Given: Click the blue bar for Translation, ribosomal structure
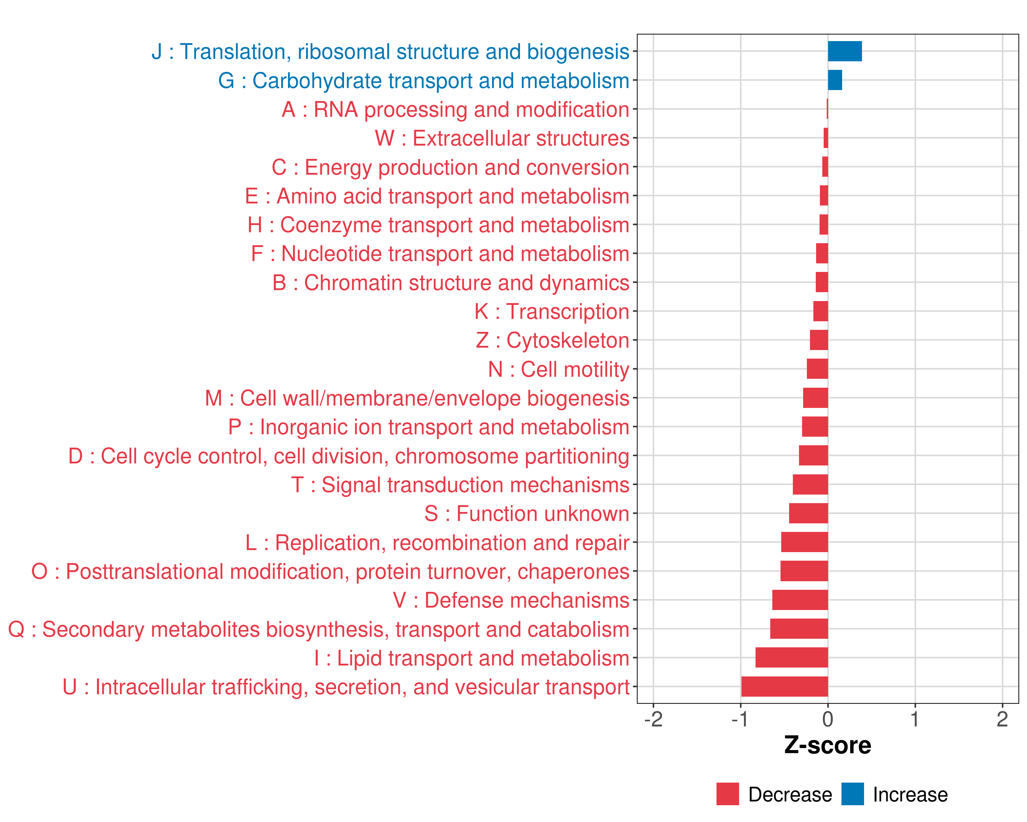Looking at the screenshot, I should [x=845, y=51].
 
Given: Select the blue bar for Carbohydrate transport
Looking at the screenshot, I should [x=835, y=80].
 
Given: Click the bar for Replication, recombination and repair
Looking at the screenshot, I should [x=804, y=542].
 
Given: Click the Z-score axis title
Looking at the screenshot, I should [x=827, y=745].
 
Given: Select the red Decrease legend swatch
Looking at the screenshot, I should [x=727, y=794].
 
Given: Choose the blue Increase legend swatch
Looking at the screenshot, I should [x=852, y=794].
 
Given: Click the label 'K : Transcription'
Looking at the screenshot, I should [x=551, y=312].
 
